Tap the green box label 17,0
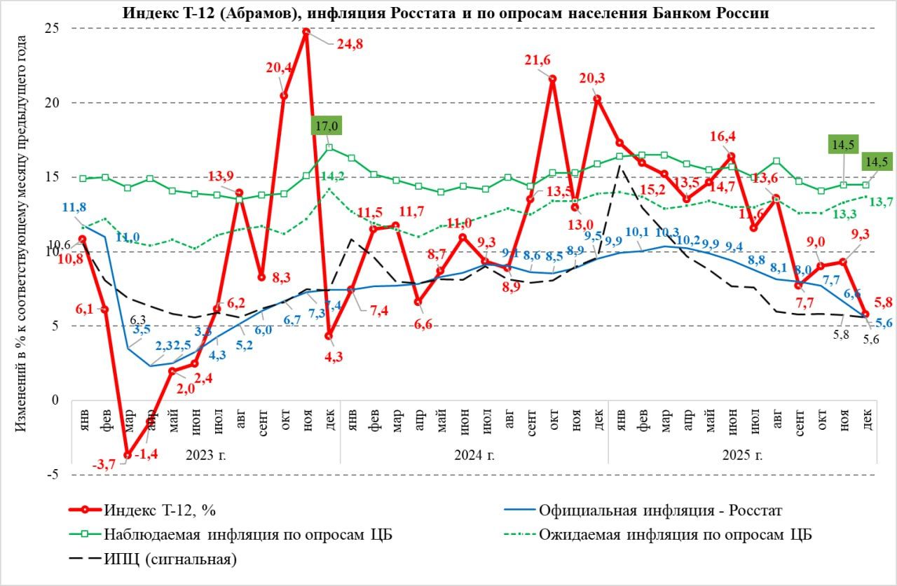tap(327, 127)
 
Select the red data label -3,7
tap(104, 463)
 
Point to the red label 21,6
tap(540, 61)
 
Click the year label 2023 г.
tap(205, 454)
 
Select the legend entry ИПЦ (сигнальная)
tap(170, 559)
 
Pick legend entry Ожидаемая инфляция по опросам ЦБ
tap(676, 534)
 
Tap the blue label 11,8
tap(74, 207)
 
